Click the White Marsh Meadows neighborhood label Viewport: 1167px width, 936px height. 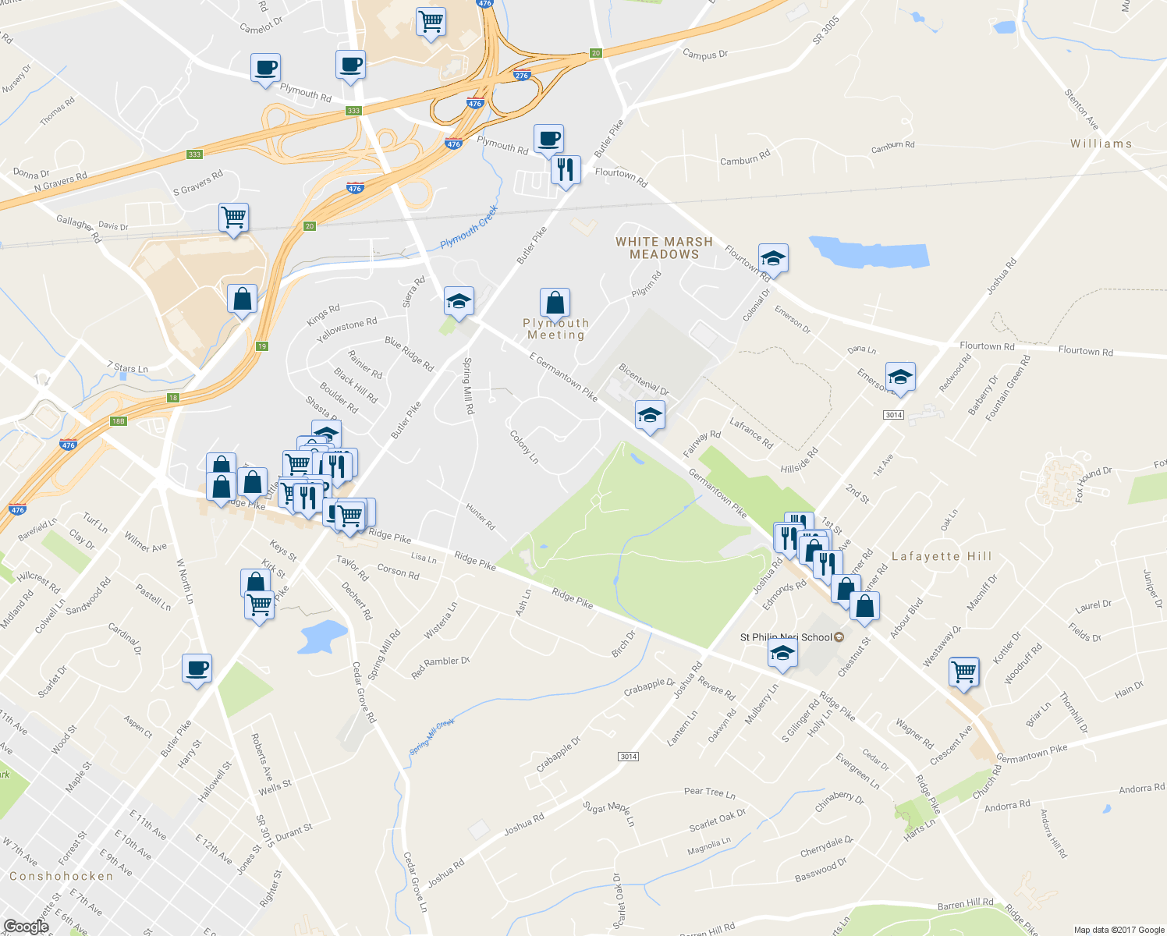664,248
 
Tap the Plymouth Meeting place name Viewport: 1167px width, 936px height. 555,329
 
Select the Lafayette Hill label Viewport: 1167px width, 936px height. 942,556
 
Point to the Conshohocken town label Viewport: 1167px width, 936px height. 62,876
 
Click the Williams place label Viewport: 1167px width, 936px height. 1101,144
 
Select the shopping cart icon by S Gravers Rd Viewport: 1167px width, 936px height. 233,217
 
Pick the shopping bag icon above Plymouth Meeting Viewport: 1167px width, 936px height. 555,303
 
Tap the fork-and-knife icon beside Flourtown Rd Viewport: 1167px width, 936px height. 566,168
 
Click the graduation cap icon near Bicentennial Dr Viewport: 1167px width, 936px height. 649,415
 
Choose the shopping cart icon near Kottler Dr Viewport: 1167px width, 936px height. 964,671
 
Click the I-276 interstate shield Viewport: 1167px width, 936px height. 523,75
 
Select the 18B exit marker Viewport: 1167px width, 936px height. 118,421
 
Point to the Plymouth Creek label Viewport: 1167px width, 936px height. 468,227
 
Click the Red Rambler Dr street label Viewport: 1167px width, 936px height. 441,666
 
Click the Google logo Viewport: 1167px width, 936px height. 26,926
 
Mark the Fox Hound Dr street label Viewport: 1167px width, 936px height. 1093,482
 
